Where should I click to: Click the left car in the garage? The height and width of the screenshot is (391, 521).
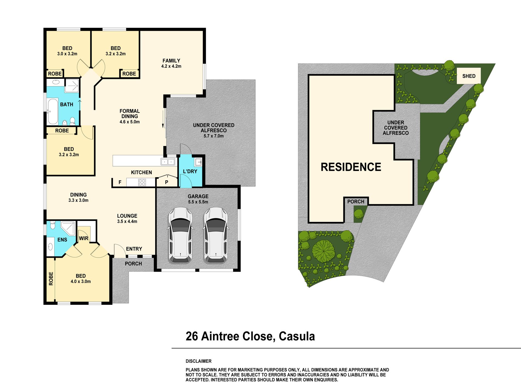pos(180,235)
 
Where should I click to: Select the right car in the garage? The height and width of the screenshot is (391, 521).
pos(216,235)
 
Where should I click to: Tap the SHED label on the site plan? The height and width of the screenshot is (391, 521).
pos(469,76)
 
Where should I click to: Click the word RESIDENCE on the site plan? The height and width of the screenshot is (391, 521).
pos(351,167)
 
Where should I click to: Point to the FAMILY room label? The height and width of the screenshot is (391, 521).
pos(171,61)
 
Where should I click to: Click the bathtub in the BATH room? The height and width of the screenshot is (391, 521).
pos(53,111)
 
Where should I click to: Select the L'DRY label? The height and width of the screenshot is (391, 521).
pos(190,171)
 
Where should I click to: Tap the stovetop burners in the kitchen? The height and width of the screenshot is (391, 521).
pos(142,182)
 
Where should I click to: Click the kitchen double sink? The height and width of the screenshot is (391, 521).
pos(168,162)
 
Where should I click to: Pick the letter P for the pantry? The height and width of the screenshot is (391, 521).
pos(166,182)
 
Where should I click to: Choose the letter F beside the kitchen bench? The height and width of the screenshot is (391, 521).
pos(120,182)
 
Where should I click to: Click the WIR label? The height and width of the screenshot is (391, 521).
pos(84,238)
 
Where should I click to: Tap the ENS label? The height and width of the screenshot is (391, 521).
pos(62,240)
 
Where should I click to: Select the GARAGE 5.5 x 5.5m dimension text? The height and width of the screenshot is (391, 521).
pos(198,202)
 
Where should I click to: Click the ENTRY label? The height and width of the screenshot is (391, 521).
pos(134,249)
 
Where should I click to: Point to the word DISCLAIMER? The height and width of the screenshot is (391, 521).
pos(199,361)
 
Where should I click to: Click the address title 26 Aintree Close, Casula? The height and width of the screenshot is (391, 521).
pos(250,336)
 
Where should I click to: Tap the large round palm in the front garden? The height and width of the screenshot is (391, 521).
pos(324,251)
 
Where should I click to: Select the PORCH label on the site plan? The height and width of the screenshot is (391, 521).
pos(356,202)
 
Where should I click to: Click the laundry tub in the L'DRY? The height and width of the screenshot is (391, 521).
pos(198,162)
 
